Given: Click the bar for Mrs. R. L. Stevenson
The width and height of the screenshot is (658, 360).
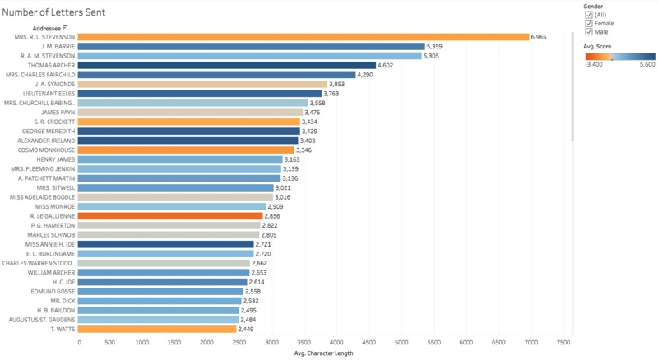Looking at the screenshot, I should tap(304, 37).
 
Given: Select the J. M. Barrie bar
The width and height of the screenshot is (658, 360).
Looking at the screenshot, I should tap(252, 47).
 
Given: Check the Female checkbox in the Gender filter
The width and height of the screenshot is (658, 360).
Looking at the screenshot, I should tap(588, 24).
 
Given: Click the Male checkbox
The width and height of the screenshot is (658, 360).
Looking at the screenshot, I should tap(588, 32).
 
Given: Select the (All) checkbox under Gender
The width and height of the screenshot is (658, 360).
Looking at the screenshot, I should tap(588, 16).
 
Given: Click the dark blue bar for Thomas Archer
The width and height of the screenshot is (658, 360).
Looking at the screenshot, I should tap(227, 66).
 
